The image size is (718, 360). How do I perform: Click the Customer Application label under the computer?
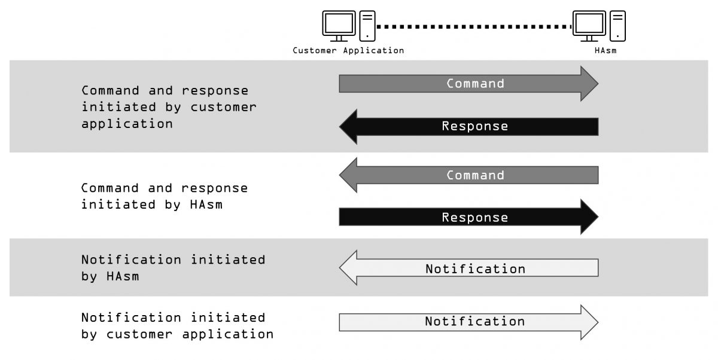click(348, 51)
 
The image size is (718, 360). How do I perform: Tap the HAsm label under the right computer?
click(605, 51)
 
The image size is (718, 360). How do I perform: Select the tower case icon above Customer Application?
click(367, 26)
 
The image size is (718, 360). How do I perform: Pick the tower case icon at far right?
click(617, 26)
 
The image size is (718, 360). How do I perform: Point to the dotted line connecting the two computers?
click(474, 26)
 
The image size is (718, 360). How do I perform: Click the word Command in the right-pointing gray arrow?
click(475, 84)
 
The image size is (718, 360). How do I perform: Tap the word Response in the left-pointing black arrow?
click(474, 126)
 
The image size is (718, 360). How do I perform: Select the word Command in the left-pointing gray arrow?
click(475, 175)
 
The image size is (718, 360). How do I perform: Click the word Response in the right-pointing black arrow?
click(474, 218)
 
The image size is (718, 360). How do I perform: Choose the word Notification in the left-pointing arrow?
click(475, 269)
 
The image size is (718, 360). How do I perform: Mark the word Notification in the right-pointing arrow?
click(474, 322)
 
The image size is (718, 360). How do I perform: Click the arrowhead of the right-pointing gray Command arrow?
click(589, 84)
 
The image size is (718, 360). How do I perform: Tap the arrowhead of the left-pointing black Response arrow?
click(348, 126)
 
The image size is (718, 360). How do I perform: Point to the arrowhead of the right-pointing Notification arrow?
click(589, 322)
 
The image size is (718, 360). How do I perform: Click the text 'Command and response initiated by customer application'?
click(169, 107)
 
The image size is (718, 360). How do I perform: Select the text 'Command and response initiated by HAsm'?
click(164, 196)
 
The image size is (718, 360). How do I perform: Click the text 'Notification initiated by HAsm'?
click(173, 269)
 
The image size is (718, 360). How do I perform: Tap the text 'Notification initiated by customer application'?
click(177, 325)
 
